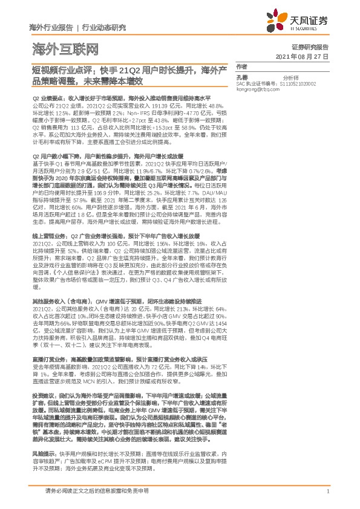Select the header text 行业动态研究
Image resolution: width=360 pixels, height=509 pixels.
pyautogui.click(x=104, y=27)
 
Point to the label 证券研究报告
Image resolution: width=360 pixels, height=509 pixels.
pyautogui.click(x=310, y=47)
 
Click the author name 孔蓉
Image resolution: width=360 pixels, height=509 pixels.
pyautogui.click(x=242, y=78)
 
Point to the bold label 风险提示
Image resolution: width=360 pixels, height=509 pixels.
pyautogui.click(x=43, y=452)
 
